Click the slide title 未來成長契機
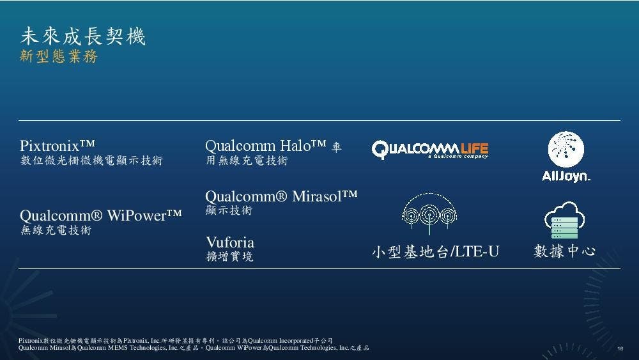pos(83,36)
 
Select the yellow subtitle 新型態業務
pos(59,57)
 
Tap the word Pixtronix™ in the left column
pos(58,145)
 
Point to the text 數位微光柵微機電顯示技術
pos(91,160)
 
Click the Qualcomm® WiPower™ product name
pos(101,214)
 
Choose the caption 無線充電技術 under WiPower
pos(56,230)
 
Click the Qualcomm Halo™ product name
pos(266,146)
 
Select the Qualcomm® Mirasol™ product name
pos(281,196)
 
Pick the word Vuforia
pos(230,242)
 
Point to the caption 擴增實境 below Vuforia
pos(229,257)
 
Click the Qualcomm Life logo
pos(430,150)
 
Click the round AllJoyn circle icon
pos(566,150)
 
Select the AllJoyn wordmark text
pos(566,176)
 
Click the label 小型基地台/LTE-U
pos(435,252)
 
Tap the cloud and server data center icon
pos(561,219)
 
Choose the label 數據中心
pos(564,251)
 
